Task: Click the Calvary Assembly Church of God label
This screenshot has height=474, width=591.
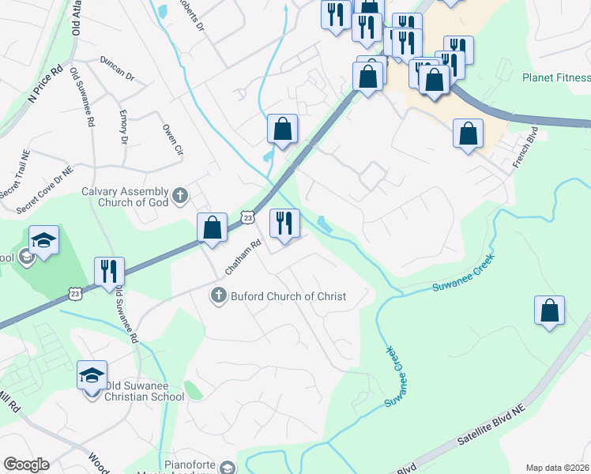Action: coord(126,197)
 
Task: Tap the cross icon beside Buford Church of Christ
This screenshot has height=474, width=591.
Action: coord(219,296)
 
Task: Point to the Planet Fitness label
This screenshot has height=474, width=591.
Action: coord(556,77)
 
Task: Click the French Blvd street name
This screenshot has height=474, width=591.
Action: coord(525,146)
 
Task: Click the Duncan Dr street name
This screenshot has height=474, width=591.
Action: coord(119,70)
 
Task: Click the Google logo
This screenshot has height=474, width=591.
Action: coord(26,465)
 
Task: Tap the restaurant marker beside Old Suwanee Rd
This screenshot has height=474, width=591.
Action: coord(108,270)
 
